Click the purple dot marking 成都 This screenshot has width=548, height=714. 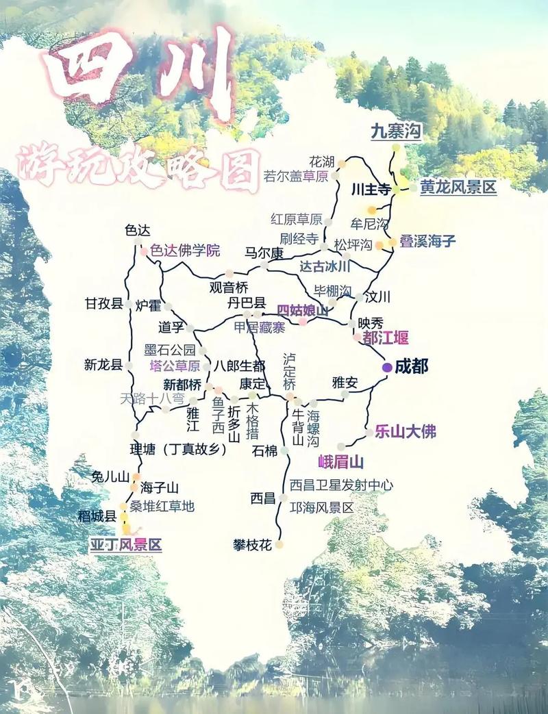387,368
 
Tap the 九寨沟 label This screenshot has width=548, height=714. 396,131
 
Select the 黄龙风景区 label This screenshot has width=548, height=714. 458,187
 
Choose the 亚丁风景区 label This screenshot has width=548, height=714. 126,545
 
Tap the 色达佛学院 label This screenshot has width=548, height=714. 185,251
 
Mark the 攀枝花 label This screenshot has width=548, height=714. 253,545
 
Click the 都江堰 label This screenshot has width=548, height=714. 386,337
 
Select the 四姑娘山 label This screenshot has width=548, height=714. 303,310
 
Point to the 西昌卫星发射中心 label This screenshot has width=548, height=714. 341,485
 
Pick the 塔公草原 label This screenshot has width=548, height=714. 175,366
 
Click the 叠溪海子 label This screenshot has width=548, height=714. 428,241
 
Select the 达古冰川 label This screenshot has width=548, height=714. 325,266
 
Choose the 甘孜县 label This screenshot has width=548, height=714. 103,303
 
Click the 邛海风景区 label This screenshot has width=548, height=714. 321,508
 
